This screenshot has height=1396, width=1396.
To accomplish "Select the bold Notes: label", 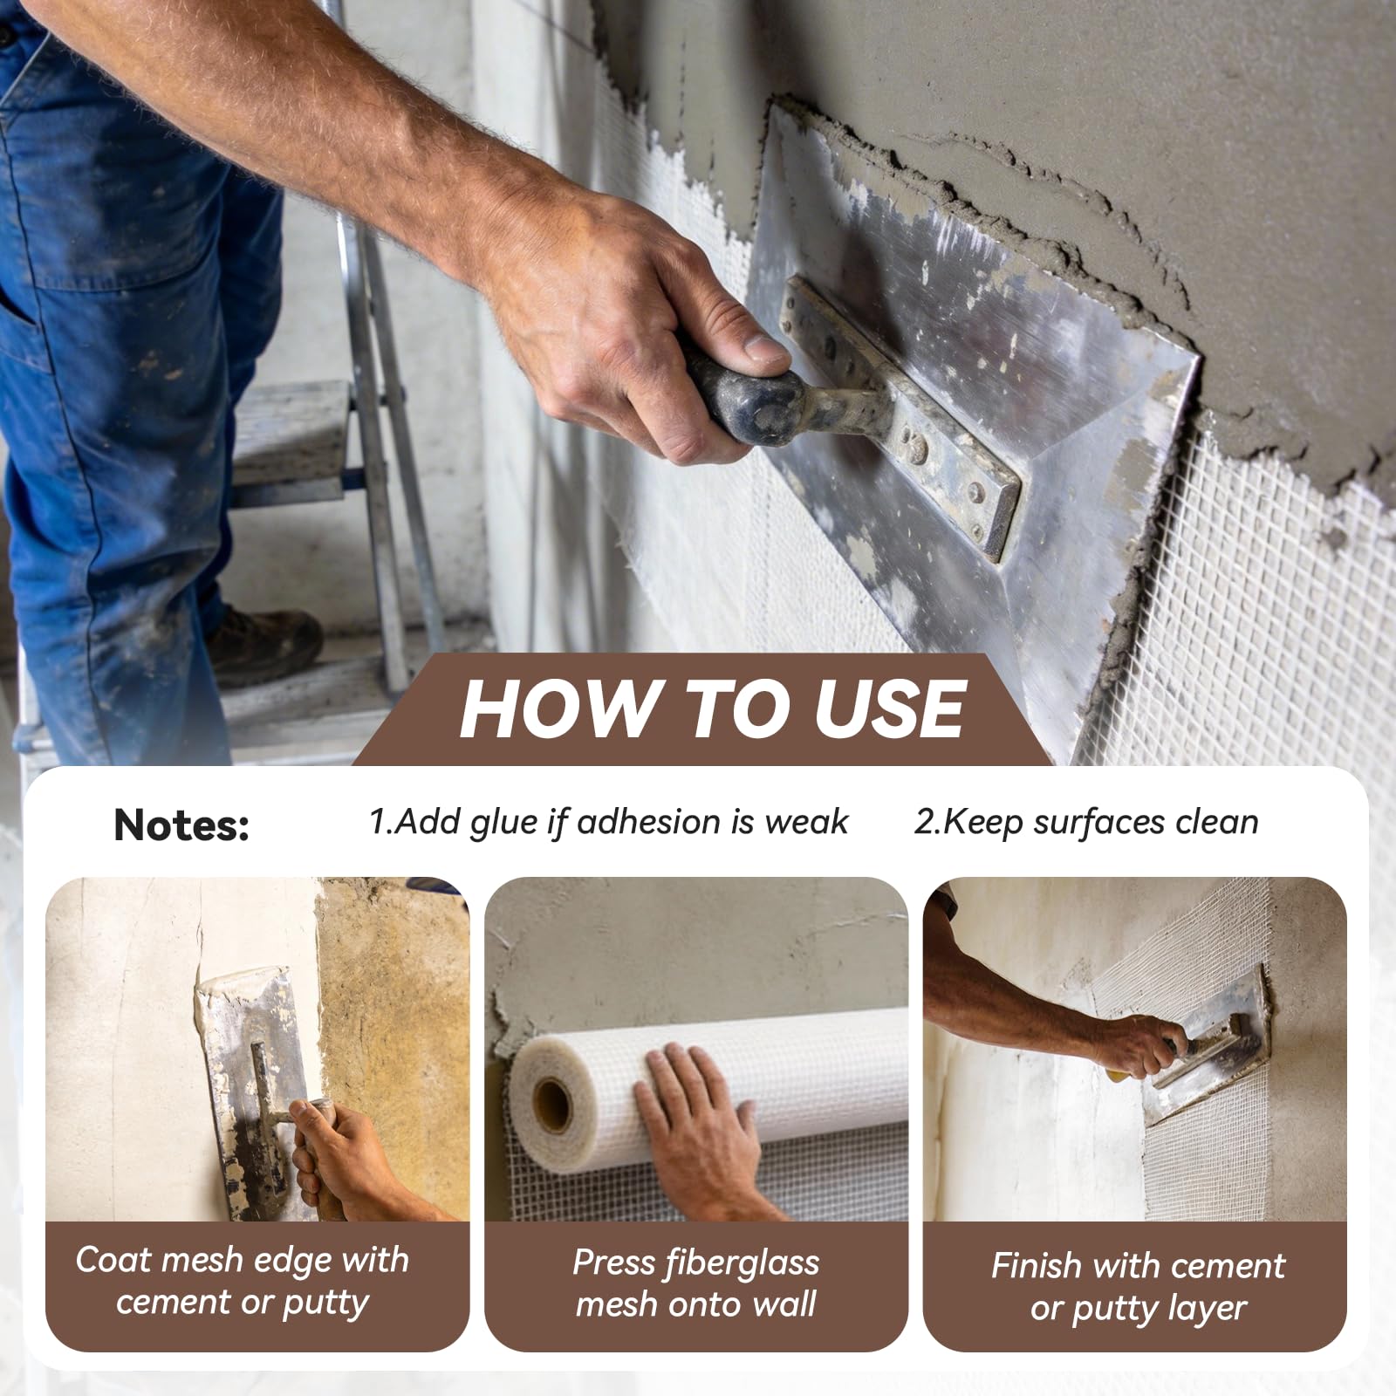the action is pos(181,824).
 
